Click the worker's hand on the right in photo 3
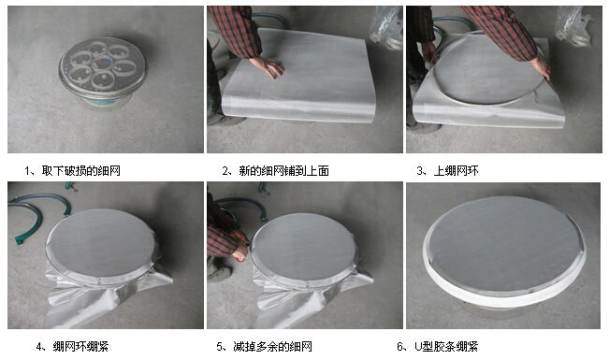pos(541,67)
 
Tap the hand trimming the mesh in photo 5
pos(240,252)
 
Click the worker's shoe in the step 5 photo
pos(218,272)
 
